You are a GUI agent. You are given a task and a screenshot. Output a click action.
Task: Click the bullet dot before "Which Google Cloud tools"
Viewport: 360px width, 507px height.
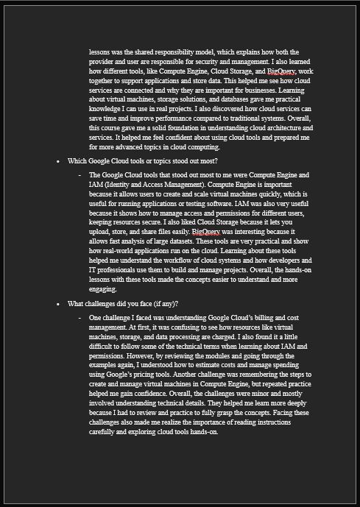coord(58,160)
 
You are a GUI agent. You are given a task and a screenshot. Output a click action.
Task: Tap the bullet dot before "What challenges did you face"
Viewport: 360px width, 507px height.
coord(58,304)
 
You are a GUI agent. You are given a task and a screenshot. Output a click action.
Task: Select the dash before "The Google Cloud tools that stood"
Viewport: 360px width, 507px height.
coord(80,176)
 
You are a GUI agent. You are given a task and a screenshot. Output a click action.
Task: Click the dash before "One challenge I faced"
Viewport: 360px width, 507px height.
coord(80,319)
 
